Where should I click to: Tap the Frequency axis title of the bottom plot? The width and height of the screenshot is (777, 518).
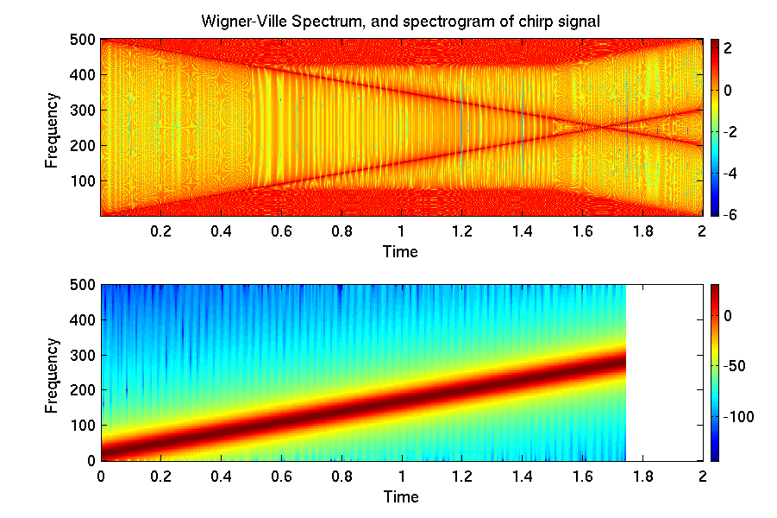coord(53,373)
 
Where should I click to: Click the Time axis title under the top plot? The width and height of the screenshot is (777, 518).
coord(401,251)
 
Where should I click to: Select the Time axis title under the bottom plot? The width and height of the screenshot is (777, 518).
coord(401,496)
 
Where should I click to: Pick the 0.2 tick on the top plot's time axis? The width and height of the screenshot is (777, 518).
coord(160,231)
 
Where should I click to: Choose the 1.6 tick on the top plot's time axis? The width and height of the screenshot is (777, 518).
coord(581,231)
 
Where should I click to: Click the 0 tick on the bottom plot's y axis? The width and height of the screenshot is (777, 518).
coord(90,461)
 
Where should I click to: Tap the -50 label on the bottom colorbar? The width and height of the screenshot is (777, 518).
coord(733,367)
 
